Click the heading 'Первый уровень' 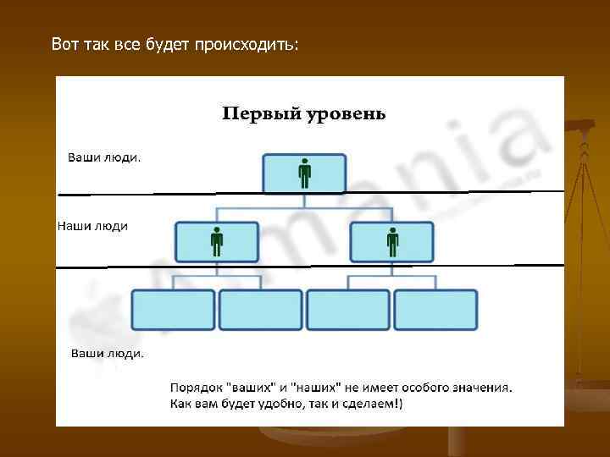coord(304,113)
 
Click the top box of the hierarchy coord(304,173)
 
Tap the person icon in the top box coord(304,174)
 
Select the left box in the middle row coord(216,242)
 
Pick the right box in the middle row coord(391,242)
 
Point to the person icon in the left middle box coord(217,242)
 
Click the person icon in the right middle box coord(392,242)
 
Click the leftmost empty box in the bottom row coord(173,310)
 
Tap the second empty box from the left coord(260,310)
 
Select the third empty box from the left coord(348,310)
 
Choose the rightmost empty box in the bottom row coord(435,310)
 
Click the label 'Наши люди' coord(92,226)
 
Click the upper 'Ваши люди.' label coord(105,157)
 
